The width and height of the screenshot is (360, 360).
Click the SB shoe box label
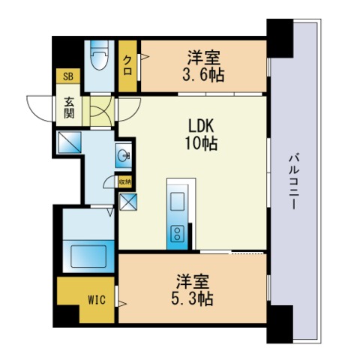click(67, 76)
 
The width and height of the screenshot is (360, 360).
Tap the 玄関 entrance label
click(68, 108)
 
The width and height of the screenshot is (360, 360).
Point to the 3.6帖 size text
click(203, 74)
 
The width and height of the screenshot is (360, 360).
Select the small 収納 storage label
click(124, 181)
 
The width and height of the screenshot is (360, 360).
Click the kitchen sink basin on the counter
click(178, 201)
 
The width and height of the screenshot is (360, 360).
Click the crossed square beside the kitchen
click(127, 202)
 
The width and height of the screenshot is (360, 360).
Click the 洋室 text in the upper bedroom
click(203, 57)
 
